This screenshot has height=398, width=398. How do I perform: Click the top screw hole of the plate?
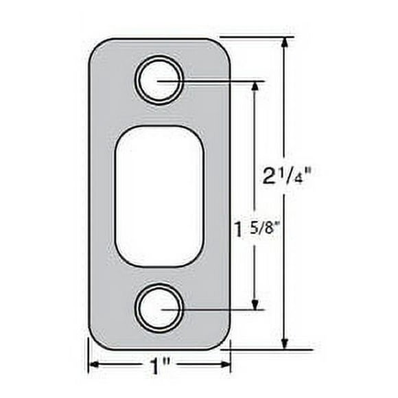pyautogui.click(x=159, y=82)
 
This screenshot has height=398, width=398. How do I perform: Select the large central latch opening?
pyautogui.click(x=159, y=196)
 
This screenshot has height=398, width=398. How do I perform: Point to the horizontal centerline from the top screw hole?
pyautogui.click(x=220, y=82)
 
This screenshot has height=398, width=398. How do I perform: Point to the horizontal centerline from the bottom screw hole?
pyautogui.click(x=220, y=309)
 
